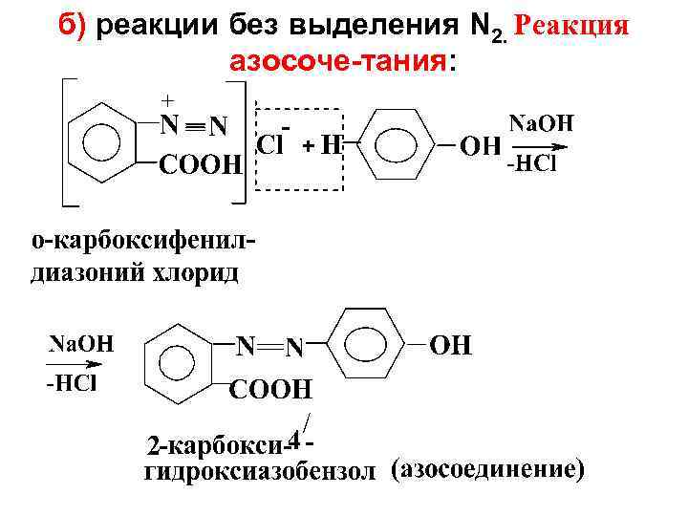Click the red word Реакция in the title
click(x=570, y=27)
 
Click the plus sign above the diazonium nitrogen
click(x=168, y=99)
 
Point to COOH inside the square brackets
click(x=200, y=167)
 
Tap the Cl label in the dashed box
click(x=272, y=145)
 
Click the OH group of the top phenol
click(x=482, y=147)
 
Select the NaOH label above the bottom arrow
click(x=81, y=344)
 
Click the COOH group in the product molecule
click(x=271, y=390)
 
